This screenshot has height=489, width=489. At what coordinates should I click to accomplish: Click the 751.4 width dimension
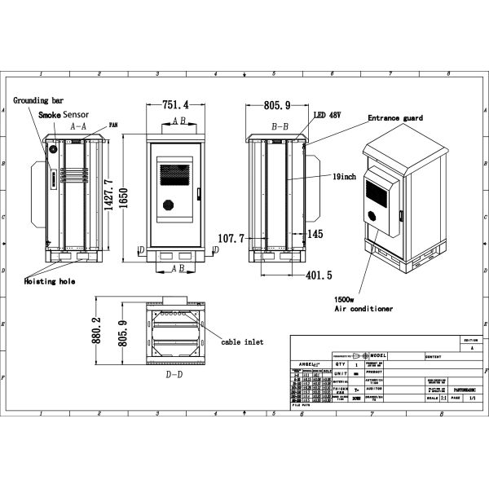pos(175,105)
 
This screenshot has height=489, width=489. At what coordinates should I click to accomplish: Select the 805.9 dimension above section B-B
pos(279,105)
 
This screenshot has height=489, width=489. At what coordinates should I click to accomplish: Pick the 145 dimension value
pos(316,234)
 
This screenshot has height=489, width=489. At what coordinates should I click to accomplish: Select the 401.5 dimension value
pos(318,275)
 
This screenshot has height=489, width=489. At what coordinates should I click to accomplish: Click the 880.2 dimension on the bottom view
pos(95,330)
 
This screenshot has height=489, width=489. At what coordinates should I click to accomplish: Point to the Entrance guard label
pos(395,118)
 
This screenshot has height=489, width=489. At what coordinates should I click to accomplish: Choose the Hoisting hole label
pos(49,280)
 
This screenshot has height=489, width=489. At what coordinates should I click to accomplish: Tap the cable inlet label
pos(241,342)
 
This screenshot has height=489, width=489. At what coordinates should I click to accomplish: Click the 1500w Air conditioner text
pos(363,304)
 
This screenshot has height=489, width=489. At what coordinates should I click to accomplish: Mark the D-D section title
pos(174,375)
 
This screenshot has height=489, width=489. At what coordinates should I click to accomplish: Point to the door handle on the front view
pos(198,194)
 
